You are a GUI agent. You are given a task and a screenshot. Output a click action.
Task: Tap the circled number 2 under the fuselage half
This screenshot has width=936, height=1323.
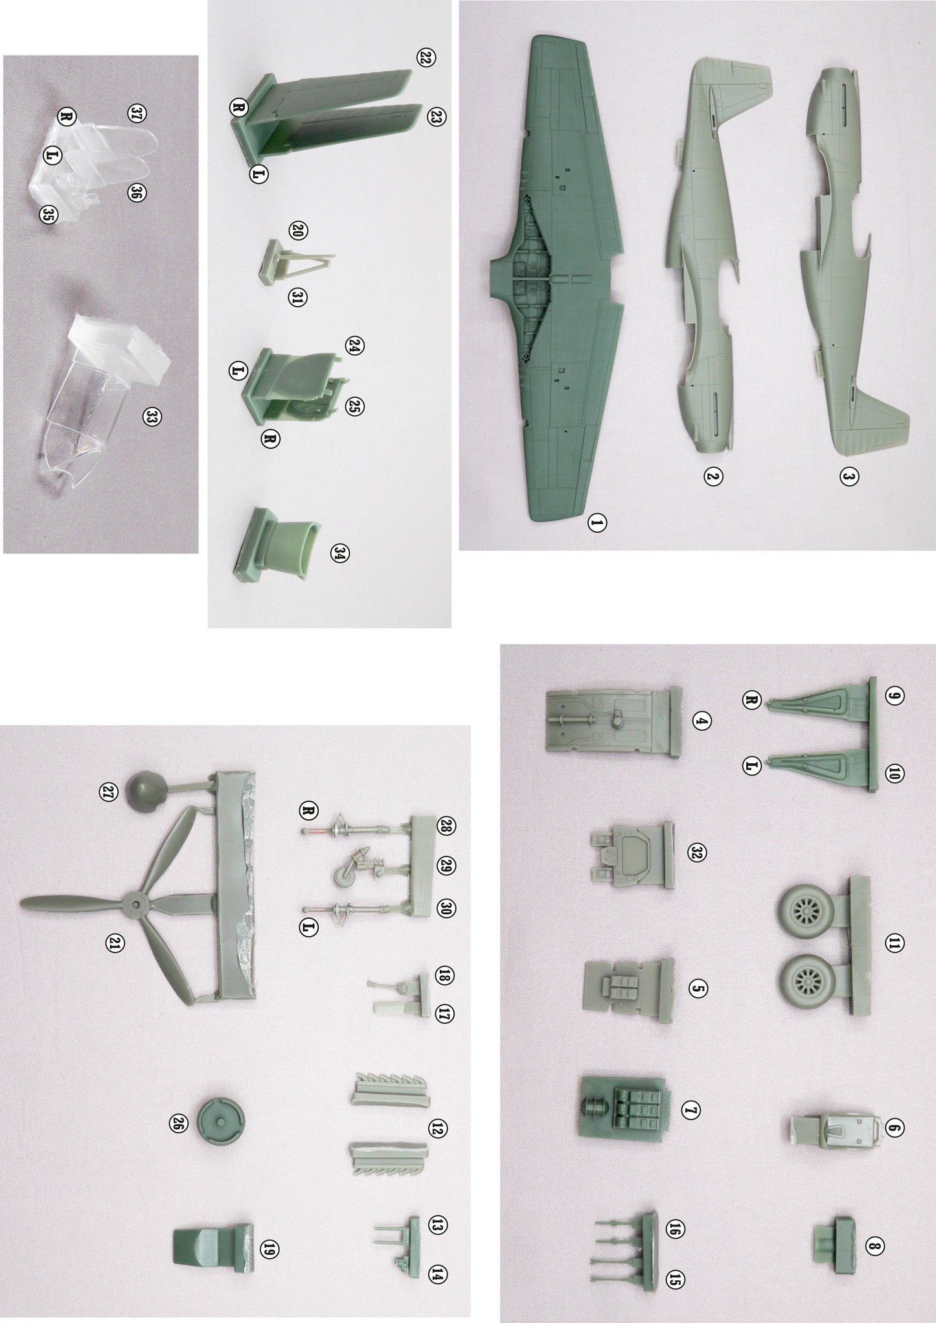[x=713, y=477]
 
